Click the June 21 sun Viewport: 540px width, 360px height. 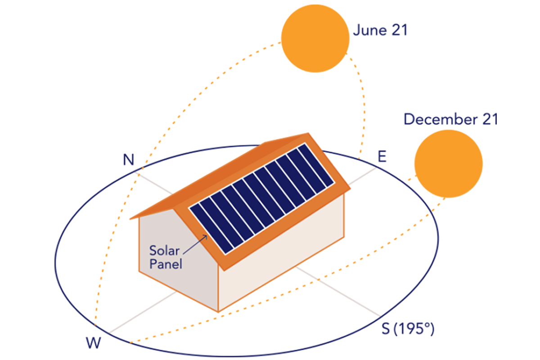coord(315,38)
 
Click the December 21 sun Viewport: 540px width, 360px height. coord(448,164)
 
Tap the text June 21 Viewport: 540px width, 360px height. coord(380,30)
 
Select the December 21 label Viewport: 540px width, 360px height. coord(451,119)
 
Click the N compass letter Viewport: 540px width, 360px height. coord(129,159)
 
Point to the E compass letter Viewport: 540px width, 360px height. coord(382,156)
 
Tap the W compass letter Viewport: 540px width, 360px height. coord(93,342)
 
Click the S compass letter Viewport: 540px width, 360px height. coord(386,328)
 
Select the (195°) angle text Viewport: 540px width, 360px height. coord(414,328)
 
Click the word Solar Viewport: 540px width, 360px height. coord(164,251)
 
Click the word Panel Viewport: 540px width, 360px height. coord(166,264)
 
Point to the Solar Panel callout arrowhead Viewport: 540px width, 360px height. coord(206,236)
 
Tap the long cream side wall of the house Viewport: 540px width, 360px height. coord(281,253)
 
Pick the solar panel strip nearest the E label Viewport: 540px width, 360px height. coord(316,166)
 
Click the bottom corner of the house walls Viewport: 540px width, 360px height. coord(218,312)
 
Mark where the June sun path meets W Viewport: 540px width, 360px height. coord(95,325)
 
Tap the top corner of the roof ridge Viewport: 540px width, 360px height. coord(308,133)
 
